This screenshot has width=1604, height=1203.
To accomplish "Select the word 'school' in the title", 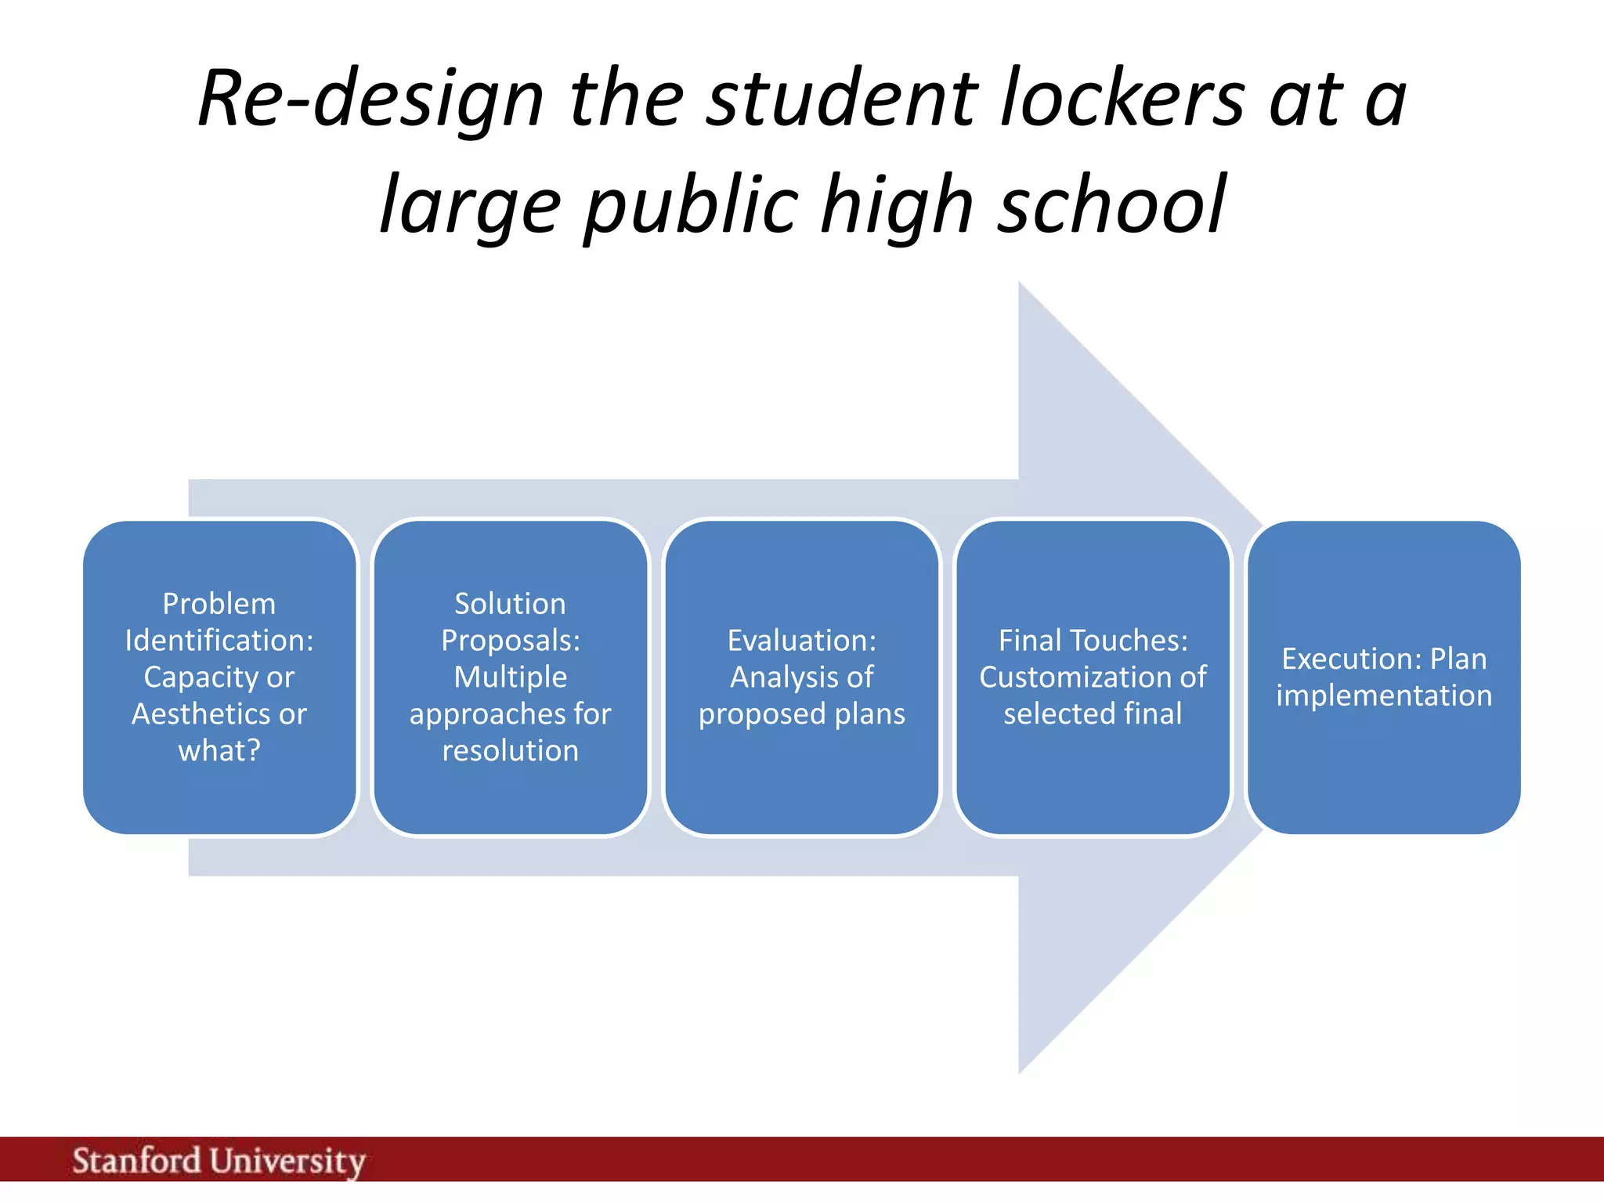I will point(1111,205).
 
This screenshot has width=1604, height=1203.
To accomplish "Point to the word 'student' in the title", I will point(841,99).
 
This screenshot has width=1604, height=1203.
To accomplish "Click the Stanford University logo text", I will point(219,1161).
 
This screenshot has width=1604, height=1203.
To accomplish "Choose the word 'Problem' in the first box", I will point(219,604).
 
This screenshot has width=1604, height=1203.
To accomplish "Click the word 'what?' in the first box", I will point(219,751).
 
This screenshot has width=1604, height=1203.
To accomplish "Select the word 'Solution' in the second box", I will point(510,604).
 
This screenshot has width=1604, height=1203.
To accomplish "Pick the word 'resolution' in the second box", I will point(510,751).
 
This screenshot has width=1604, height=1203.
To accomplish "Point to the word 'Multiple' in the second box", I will point(510,677).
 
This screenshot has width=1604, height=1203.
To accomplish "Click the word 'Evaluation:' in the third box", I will point(801,641).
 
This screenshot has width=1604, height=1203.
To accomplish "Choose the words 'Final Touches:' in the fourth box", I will point(1093,641).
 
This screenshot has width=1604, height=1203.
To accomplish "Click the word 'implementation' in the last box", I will point(1384,695).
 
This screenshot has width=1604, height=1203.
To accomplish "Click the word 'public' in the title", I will point(692,205).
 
